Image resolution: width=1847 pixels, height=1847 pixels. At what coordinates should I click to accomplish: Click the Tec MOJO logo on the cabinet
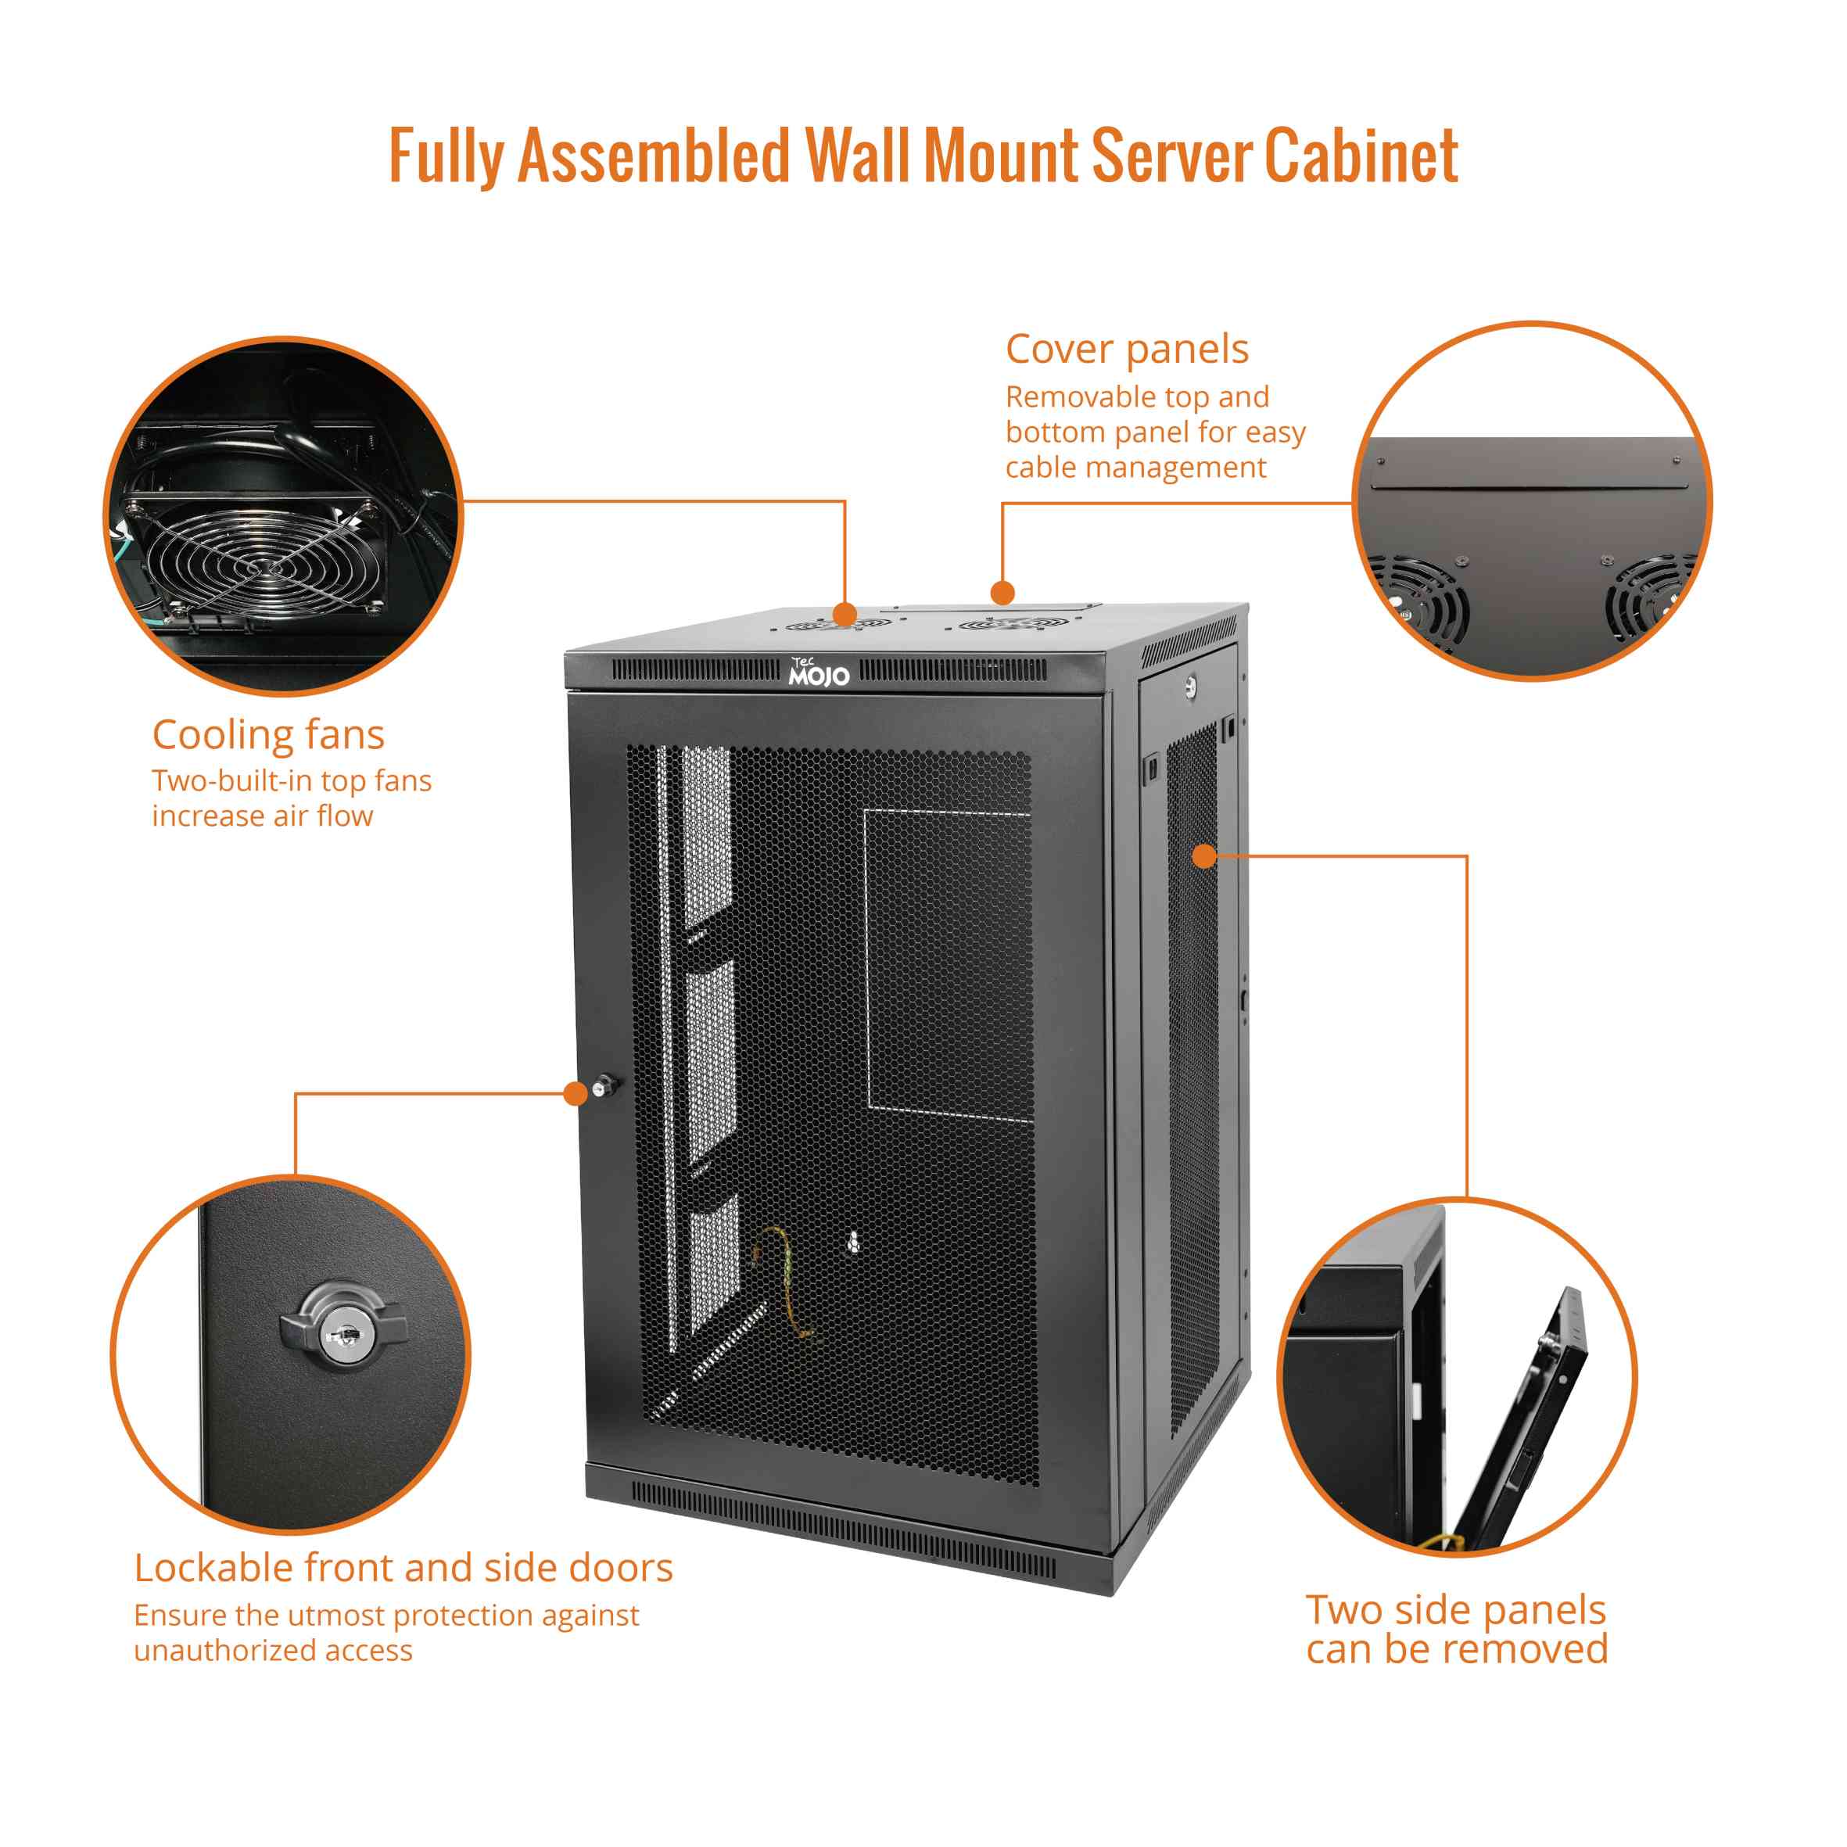(x=819, y=672)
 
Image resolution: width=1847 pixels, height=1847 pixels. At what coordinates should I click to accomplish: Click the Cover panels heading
(x=1126, y=349)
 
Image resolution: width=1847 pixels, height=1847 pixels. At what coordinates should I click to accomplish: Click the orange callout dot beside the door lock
(x=576, y=1092)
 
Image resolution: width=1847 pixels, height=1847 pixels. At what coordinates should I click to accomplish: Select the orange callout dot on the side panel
(x=1204, y=855)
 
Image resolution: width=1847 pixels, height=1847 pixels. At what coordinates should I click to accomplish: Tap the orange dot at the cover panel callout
(x=1002, y=593)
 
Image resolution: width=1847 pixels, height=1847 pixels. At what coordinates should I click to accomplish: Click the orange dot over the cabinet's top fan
(x=845, y=614)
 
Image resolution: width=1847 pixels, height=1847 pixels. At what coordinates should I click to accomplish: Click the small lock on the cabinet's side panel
(x=1189, y=686)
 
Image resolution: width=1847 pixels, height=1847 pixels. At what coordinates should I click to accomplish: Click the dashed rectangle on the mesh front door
(x=948, y=963)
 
